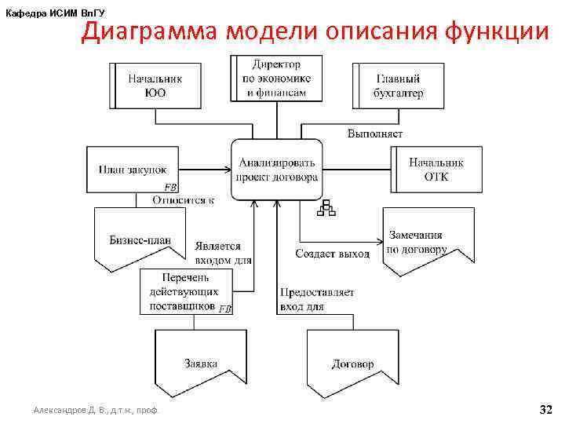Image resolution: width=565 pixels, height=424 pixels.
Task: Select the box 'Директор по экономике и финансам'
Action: coord(276,78)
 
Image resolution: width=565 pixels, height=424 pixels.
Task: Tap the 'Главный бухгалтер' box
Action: coord(399,86)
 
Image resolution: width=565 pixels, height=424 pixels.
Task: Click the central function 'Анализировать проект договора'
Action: coord(277,170)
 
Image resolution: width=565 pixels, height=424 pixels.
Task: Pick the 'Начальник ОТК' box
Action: coord(436,170)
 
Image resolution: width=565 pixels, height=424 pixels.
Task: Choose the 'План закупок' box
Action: coord(133,170)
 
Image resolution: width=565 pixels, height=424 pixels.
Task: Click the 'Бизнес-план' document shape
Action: coord(140,237)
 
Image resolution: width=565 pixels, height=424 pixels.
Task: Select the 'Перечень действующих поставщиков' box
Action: coord(187,291)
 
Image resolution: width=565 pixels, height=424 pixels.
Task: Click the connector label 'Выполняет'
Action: coord(375,133)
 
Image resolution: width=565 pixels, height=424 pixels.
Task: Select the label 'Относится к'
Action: coord(183,199)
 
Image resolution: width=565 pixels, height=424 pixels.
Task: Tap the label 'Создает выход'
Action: coord(332,254)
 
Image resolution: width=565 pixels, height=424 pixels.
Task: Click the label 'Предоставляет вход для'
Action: coord(316,299)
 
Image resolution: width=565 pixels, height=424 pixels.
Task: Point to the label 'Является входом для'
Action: coord(223,252)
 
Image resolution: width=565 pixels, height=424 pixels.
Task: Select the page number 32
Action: coord(545,409)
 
